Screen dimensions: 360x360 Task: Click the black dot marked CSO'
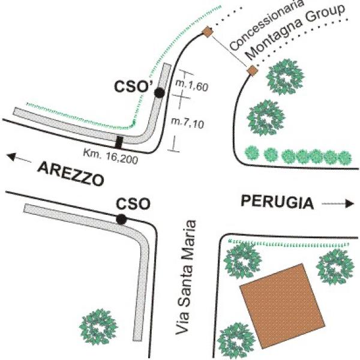point(160,93)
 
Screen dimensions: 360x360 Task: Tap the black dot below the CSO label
point(121,219)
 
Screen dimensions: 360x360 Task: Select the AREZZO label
point(70,174)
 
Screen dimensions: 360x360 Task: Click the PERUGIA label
point(277,202)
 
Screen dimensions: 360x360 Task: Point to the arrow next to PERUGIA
point(337,203)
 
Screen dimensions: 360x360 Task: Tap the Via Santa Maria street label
point(186,278)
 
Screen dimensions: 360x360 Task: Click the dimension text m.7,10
point(188,123)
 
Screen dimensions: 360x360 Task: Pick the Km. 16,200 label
point(110,156)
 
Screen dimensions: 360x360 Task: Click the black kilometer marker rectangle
point(118,142)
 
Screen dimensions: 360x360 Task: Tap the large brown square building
point(283,306)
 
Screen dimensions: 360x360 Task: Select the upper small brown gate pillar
point(208,32)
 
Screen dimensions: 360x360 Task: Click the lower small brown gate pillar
point(253,70)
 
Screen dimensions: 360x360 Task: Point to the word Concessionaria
point(267,25)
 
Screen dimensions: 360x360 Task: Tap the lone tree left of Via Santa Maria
point(98,326)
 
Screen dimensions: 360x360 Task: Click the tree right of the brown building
point(335,266)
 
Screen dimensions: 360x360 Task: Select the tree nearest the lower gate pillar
point(286,77)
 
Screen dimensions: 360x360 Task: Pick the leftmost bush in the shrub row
point(252,153)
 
